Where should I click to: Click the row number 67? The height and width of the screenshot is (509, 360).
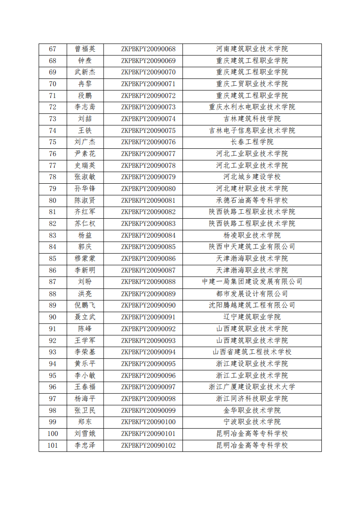click(52, 49)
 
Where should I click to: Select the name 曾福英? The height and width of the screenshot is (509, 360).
click(85, 49)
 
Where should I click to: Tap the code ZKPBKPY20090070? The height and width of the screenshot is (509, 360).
click(148, 72)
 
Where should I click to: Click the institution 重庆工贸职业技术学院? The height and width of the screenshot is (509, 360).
click(252, 84)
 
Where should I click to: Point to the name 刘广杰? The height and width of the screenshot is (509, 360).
click(85, 142)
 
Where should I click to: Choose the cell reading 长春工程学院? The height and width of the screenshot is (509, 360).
click(252, 142)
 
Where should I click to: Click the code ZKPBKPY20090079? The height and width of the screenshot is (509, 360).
click(148, 177)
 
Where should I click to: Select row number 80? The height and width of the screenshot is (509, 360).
click(52, 201)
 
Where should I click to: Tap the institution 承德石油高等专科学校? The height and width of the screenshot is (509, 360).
click(252, 201)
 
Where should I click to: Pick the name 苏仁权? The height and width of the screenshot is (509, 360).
click(85, 224)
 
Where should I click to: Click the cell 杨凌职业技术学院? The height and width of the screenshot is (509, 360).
click(252, 235)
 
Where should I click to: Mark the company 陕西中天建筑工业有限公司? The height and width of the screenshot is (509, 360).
click(252, 247)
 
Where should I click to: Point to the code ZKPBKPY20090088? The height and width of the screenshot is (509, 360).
click(148, 282)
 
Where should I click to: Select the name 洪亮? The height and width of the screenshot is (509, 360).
click(85, 294)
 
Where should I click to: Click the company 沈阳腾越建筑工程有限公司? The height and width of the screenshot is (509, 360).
click(252, 305)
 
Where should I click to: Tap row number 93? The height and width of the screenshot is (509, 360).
click(52, 352)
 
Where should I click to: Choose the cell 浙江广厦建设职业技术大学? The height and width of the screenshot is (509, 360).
click(252, 387)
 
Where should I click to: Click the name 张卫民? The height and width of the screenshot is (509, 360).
click(85, 410)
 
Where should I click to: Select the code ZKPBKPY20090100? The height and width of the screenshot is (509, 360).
click(148, 422)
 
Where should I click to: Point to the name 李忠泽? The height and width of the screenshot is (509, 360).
click(85, 445)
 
